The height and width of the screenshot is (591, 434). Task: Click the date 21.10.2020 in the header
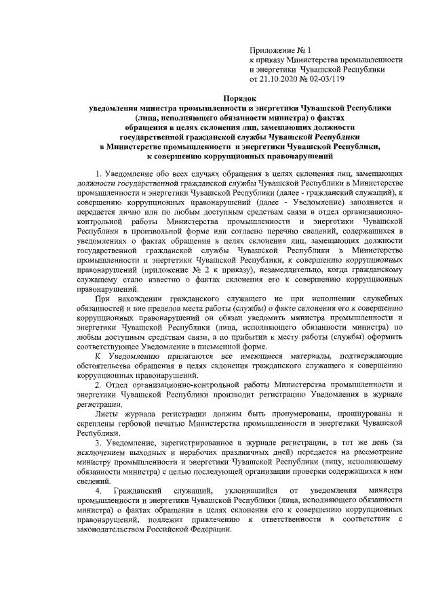pyautogui.click(x=279, y=79)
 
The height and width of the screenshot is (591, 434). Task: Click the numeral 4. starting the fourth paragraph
pyautogui.click(x=99, y=488)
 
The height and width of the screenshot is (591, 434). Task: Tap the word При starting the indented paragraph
pyautogui.click(x=104, y=299)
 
